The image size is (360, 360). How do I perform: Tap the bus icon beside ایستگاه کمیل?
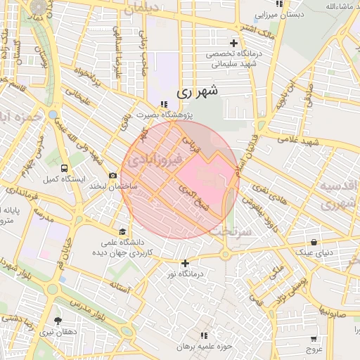[x=65, y=169]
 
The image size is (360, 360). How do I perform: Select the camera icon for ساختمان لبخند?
[x=112, y=176]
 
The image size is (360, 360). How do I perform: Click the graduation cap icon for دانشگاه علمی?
[x=123, y=231]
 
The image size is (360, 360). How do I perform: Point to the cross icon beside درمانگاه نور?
[x=185, y=264]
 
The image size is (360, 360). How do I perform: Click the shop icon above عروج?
[x=313, y=337]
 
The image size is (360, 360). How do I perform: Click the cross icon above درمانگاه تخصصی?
[x=233, y=44]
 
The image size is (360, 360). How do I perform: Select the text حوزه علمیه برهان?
[x=205, y=347]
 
